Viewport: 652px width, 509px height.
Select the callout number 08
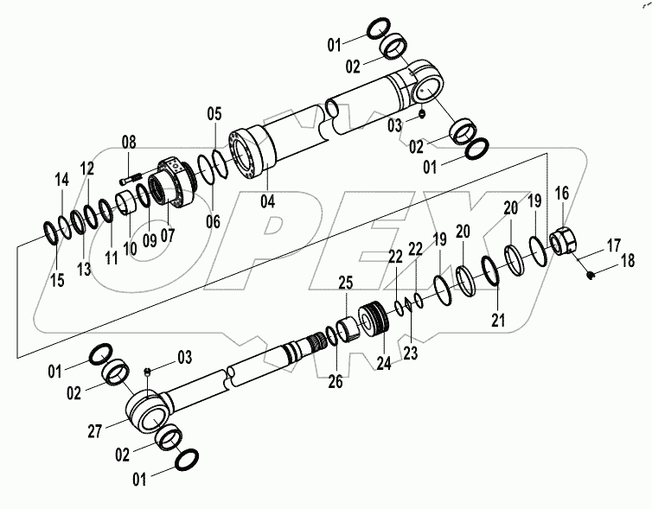coord(128,143)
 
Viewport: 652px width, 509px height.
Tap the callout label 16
coord(561,192)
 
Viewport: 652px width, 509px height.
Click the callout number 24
coord(383,364)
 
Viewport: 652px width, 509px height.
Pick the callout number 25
coord(346,283)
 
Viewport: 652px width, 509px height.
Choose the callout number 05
coord(214,114)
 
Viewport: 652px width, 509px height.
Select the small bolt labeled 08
coord(131,180)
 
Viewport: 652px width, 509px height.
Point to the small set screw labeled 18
coord(591,275)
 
